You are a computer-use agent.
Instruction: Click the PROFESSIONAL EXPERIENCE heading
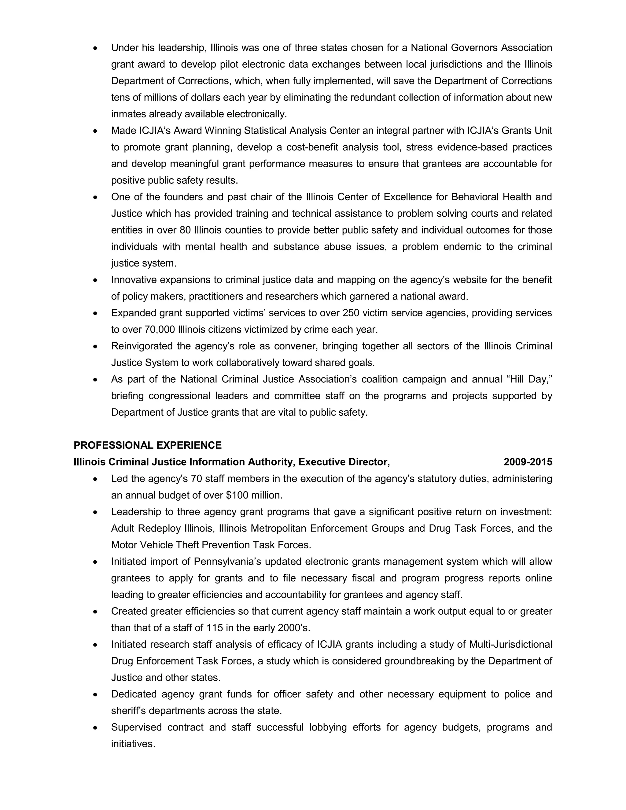148,445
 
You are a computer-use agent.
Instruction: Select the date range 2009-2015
528,462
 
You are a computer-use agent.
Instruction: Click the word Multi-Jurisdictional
510,644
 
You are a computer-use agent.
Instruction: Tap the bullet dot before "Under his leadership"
96,48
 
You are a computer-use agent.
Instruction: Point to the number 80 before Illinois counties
185,230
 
